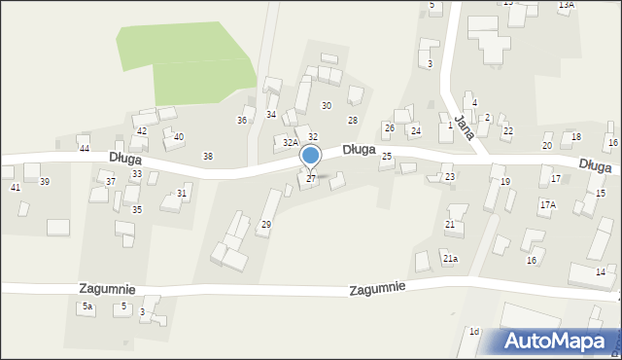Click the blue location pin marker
pos(311,156)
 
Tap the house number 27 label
pos(311,178)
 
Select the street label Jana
pos(463,127)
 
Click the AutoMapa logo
pos(558,342)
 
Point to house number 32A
pos(290,142)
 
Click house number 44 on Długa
pos(85,148)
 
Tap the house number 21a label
pos(450,259)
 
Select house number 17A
pos(548,204)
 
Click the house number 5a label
pos(87,306)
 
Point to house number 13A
pos(566,5)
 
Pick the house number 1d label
pos(474,332)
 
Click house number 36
pos(242,120)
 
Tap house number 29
pos(265,225)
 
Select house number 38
pos(207,156)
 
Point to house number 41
pos(15,186)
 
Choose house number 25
pos(387,156)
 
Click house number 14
pos(601,271)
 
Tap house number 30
pos(327,105)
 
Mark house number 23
pos(449,177)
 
